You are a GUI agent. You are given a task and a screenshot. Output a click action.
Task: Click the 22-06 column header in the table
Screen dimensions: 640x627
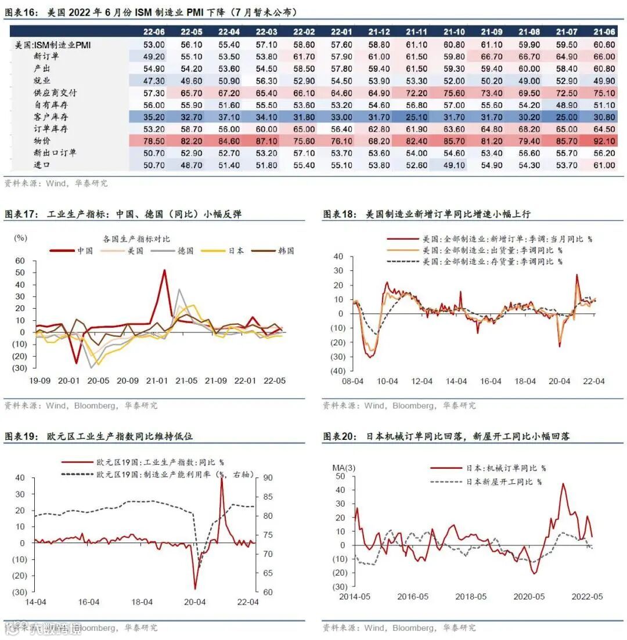[x=154, y=32]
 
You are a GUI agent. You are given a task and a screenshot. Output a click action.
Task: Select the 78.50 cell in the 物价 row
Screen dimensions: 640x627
[x=154, y=141]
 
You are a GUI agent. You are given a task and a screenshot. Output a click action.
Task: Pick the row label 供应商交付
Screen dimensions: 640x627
[x=55, y=93]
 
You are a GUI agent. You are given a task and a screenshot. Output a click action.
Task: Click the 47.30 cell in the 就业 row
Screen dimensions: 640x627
[x=154, y=81]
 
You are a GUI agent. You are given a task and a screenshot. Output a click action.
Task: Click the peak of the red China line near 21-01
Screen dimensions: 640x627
[x=164, y=270]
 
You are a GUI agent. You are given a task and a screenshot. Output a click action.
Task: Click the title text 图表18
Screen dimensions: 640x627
[x=339, y=214]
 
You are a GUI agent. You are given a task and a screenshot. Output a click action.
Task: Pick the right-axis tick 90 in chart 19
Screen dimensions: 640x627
[x=268, y=478]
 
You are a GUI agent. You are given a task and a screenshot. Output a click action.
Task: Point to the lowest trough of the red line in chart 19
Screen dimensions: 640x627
[x=196, y=589]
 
